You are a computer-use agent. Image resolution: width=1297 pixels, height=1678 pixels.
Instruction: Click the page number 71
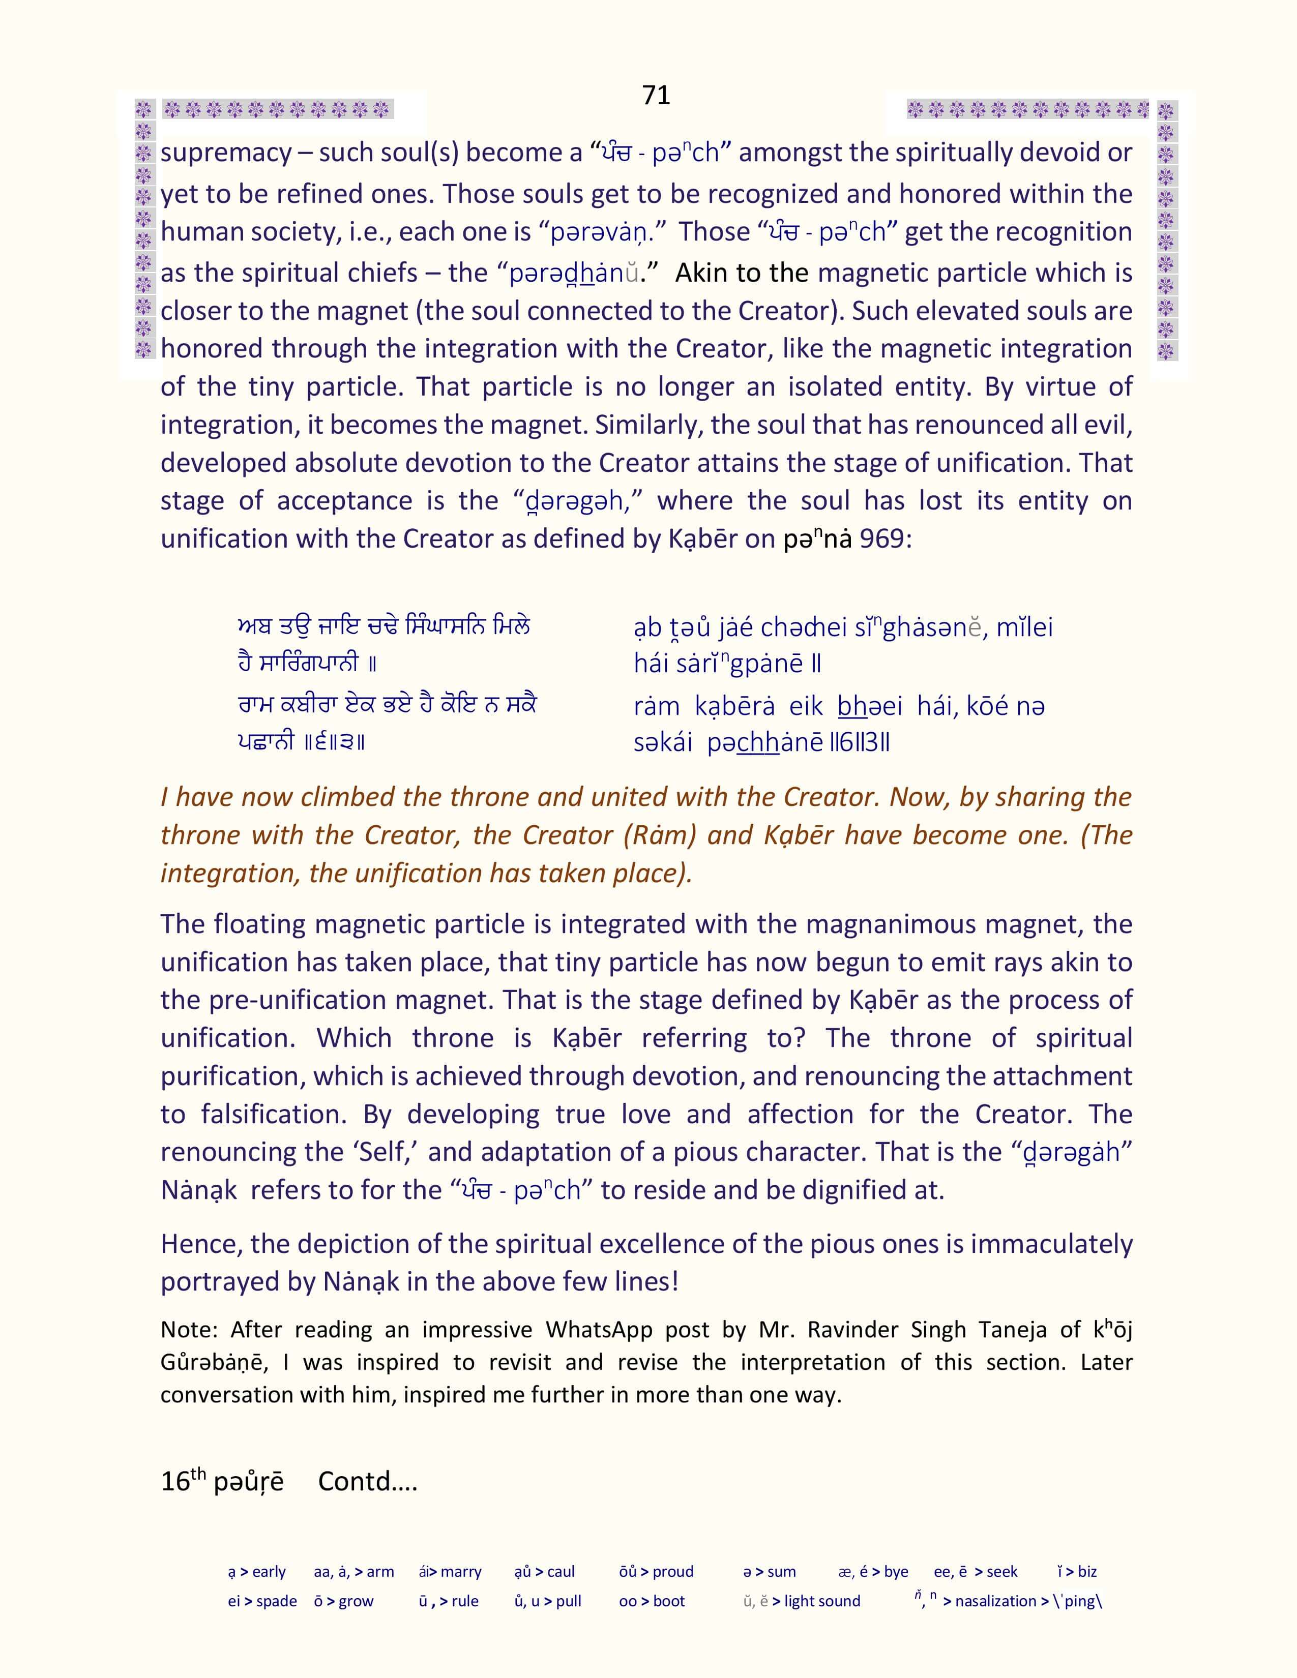click(x=656, y=95)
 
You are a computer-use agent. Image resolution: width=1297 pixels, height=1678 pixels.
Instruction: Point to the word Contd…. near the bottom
click(x=367, y=1481)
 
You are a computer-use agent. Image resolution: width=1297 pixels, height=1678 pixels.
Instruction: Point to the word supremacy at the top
click(x=226, y=154)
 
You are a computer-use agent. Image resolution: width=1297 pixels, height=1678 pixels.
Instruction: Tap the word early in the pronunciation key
click(x=269, y=1572)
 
